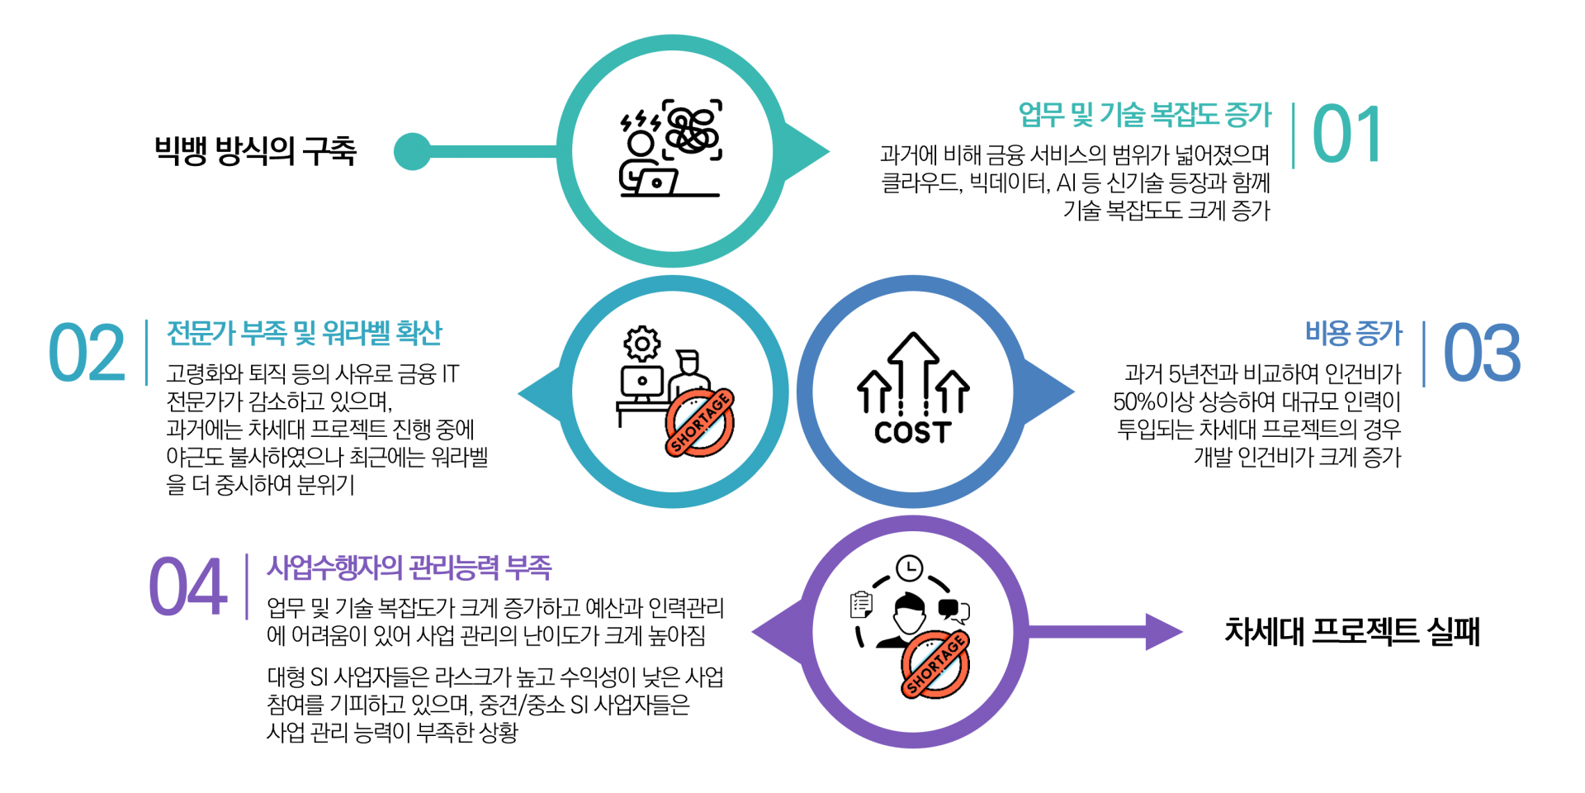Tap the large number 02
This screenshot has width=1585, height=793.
87,354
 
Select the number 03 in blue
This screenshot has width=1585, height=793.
1482,354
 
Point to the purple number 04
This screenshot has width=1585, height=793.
187,586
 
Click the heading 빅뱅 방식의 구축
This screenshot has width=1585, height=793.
255,151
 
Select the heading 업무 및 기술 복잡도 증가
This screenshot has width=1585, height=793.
1145,115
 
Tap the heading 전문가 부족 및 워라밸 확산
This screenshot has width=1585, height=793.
305,333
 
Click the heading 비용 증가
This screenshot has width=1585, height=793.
1354,333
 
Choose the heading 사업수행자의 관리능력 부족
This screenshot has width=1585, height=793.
409,567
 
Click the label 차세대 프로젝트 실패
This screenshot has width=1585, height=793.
1352,632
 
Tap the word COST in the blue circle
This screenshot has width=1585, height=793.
912,432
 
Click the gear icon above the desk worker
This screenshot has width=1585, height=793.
642,344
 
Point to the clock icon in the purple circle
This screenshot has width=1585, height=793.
909,568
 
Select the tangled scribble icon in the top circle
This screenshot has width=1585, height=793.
692,131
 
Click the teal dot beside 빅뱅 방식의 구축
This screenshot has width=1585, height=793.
413,151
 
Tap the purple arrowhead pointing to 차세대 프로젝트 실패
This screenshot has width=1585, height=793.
1164,632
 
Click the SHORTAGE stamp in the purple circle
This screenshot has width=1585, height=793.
935,665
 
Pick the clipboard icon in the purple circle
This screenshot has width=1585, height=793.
861,605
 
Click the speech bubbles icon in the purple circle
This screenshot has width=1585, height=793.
954,610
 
